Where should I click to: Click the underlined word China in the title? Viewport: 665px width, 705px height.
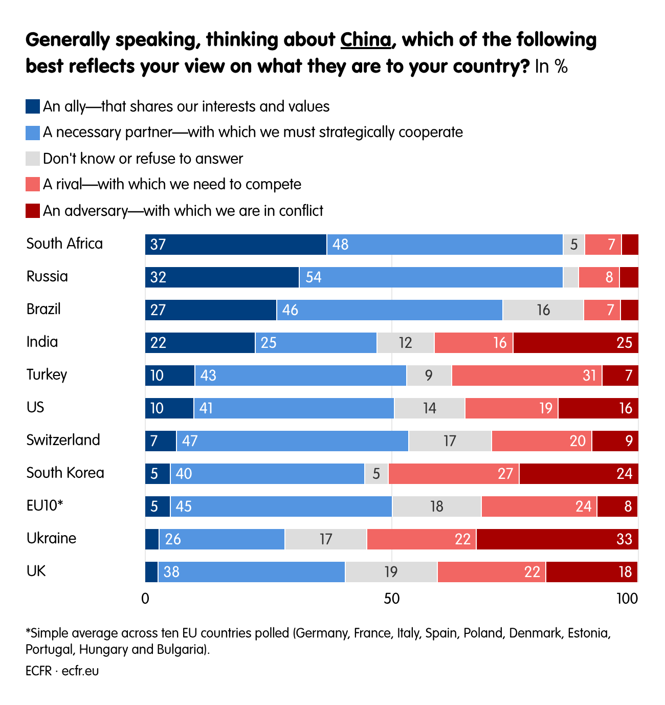[366, 40]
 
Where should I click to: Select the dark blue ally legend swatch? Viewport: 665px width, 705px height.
[33, 106]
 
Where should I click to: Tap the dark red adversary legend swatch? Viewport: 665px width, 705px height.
[33, 211]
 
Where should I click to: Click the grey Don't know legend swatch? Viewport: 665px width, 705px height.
[33, 159]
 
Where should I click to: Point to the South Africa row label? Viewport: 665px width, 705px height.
[64, 244]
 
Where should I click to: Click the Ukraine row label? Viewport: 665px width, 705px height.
[51, 538]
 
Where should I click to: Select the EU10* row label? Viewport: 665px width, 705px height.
[45, 505]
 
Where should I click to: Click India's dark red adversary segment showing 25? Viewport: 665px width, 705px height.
[575, 342]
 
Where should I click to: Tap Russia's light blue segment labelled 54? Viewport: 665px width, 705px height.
[431, 277]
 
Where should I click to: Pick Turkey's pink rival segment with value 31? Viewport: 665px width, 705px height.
[527, 376]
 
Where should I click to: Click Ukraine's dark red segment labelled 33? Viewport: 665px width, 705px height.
[557, 539]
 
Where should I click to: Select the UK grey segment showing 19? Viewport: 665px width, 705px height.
[391, 572]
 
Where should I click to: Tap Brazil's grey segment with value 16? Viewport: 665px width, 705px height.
[543, 310]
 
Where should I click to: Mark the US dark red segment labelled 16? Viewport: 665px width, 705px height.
[598, 408]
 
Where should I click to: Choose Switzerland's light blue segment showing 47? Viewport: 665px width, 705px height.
[292, 441]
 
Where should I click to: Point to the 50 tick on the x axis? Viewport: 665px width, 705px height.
[391, 598]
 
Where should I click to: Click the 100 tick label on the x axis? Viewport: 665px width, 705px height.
[627, 598]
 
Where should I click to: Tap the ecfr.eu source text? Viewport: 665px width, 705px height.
[80, 671]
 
